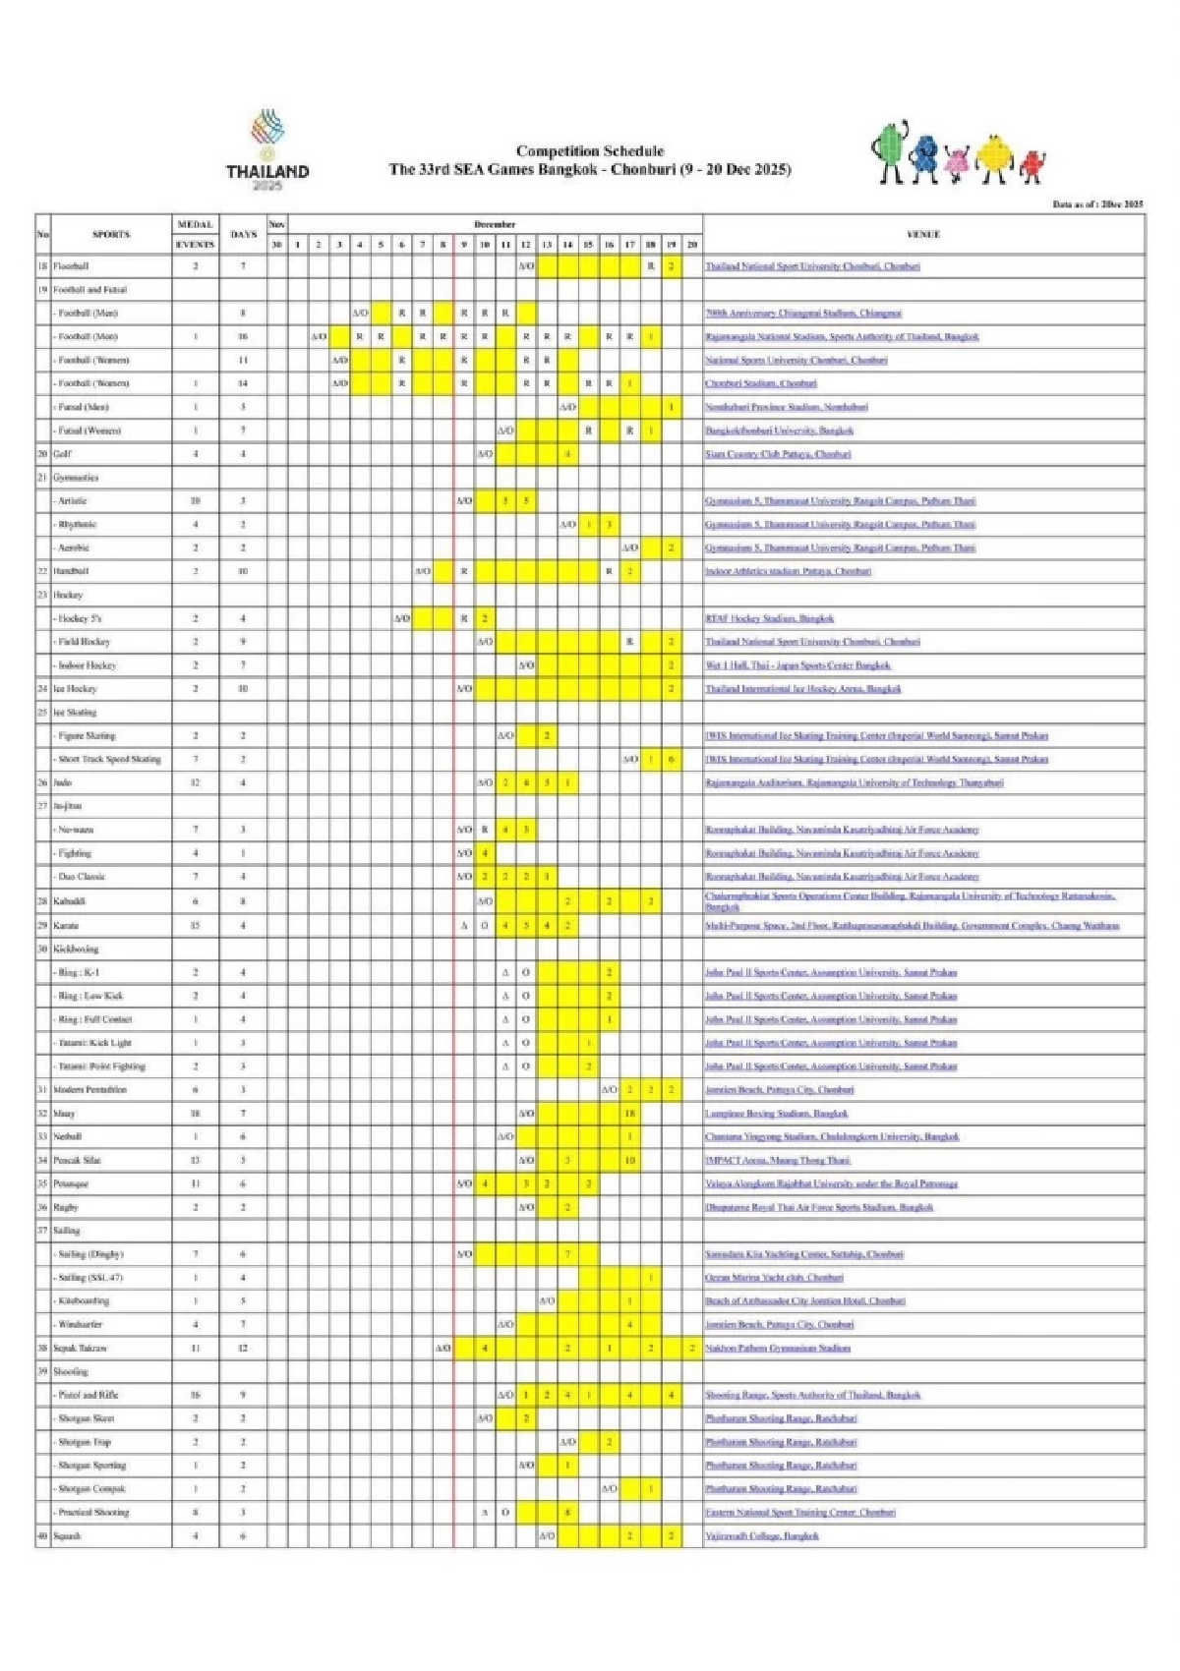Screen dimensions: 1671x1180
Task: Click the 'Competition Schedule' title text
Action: click(589, 151)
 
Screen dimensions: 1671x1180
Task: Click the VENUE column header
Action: click(923, 235)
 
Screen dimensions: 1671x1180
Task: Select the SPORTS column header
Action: click(111, 235)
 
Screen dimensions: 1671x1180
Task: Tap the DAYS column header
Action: click(243, 235)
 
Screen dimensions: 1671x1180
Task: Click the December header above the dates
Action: click(495, 225)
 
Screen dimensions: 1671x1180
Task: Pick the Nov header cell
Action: click(277, 225)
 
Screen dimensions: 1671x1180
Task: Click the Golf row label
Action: click(62, 454)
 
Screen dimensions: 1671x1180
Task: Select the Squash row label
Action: click(68, 1535)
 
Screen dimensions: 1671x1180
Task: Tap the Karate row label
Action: click(66, 925)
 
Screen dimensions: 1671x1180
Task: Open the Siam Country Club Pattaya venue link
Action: click(777, 454)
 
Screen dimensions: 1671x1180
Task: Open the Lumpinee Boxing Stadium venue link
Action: click(776, 1114)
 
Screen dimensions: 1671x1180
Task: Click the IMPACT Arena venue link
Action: click(777, 1160)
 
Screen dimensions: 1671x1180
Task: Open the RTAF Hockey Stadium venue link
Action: click(769, 618)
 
